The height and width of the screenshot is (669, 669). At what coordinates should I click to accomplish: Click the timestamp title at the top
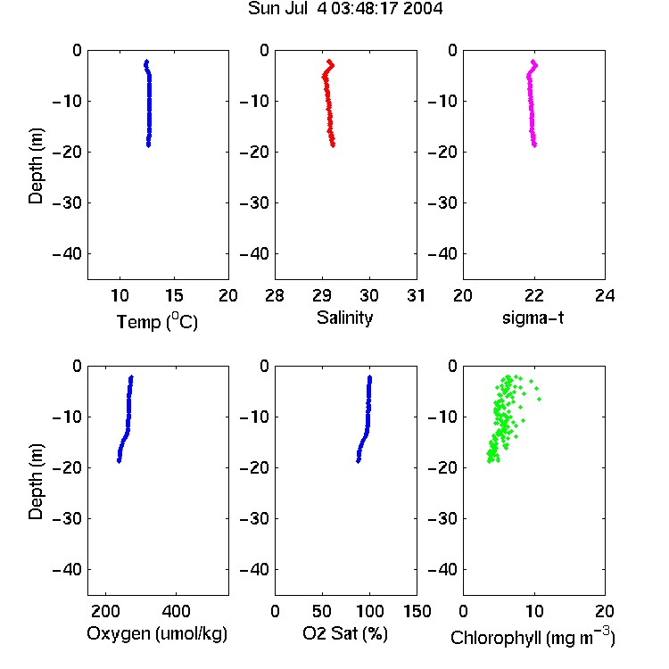pos(345,8)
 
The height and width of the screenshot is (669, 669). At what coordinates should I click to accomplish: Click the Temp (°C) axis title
pos(157,322)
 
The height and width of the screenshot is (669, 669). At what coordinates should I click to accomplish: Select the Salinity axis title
pos(344,318)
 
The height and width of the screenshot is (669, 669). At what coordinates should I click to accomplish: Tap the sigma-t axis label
pos(533,318)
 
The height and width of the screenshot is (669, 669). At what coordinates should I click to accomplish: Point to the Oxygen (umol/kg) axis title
pos(157,634)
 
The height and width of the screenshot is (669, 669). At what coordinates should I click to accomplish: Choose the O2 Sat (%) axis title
pos(344,633)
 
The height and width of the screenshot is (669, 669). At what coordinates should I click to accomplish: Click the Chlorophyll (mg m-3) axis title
pos(533,636)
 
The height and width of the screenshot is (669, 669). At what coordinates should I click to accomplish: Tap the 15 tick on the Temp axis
pos(174,295)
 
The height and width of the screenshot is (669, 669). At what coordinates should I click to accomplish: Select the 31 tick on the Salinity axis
pos(416,295)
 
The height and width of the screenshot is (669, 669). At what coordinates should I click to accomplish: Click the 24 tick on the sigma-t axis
pos(605,295)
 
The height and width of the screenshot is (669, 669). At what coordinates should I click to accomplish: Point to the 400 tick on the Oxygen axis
pos(176,611)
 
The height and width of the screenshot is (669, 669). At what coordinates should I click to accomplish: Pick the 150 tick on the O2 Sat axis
pos(417,611)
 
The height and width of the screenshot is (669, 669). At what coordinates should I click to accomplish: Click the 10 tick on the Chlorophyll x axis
pos(534,611)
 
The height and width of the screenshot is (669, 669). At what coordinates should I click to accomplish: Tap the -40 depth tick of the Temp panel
pos(67,254)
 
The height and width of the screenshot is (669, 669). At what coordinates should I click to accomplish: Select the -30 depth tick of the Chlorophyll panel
pos(442,519)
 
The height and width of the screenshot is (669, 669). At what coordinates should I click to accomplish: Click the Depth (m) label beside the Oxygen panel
pos(36,481)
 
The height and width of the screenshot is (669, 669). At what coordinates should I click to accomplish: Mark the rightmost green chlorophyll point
pos(540,399)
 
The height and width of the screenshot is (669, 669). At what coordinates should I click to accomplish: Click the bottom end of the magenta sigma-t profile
pos(534,145)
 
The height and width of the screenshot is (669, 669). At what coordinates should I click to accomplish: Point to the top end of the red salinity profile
pos(329,61)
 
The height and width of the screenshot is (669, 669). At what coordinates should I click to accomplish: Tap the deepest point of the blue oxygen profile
pos(119,461)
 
